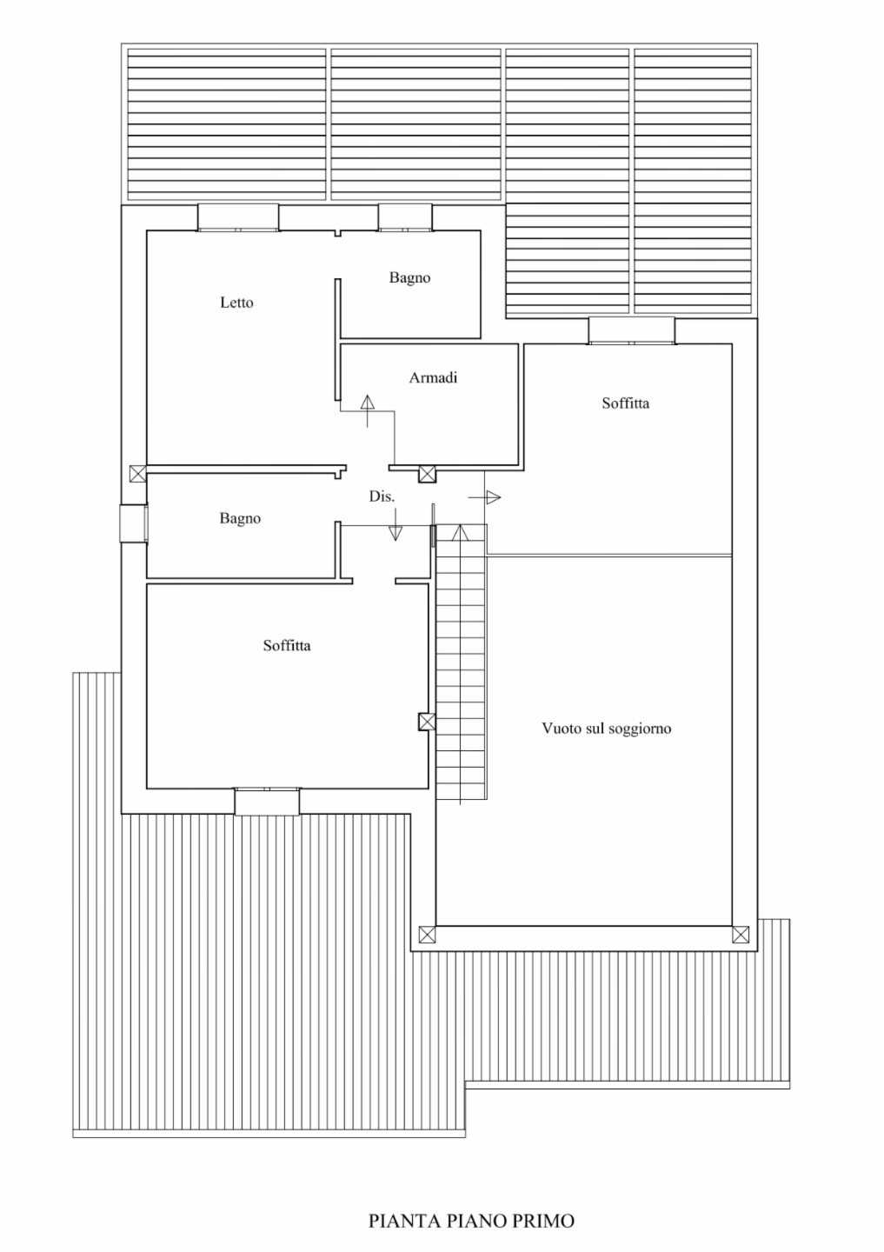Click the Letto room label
click(236, 303)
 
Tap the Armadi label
click(433, 378)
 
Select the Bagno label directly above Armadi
click(409, 278)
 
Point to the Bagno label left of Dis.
click(240, 519)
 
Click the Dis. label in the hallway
click(382, 496)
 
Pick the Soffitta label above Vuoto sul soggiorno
click(625, 403)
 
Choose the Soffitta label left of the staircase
click(287, 645)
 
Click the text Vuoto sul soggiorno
click(607, 729)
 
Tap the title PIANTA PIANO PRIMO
click(471, 1221)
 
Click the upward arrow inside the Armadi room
click(367, 410)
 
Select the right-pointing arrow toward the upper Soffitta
click(484, 497)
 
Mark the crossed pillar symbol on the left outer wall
click(138, 474)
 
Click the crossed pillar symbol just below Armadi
click(428, 474)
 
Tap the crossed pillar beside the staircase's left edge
click(427, 722)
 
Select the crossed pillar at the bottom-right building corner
click(741, 934)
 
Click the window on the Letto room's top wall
click(238, 217)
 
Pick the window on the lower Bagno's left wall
click(134, 523)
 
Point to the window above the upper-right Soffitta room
click(631, 331)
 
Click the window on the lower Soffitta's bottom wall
click(267, 801)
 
